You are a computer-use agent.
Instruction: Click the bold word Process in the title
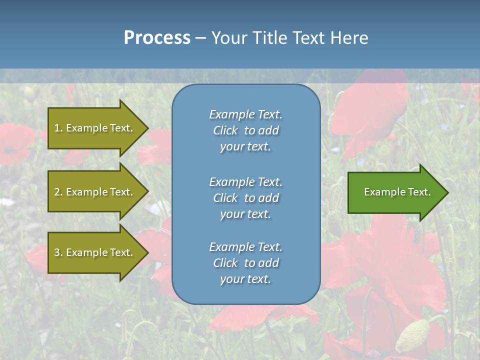[x=157, y=38]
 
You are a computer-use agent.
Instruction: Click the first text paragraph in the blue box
[x=245, y=130]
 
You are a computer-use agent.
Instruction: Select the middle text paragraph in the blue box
[x=245, y=197]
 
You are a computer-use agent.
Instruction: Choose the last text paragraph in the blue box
[x=245, y=263]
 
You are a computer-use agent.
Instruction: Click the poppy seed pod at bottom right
[x=413, y=335]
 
